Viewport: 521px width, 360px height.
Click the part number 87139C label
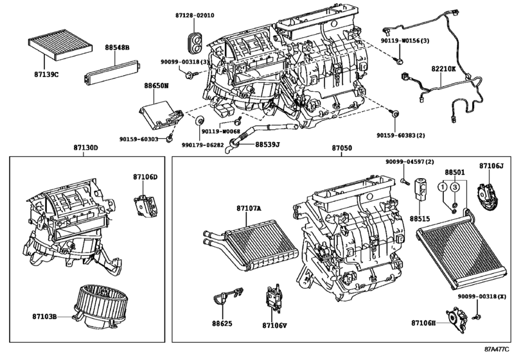[46, 75]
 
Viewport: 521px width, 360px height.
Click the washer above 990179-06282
[200, 120]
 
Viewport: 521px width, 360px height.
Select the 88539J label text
[267, 144]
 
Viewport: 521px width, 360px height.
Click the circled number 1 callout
[443, 187]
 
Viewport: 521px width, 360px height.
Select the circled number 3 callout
[455, 187]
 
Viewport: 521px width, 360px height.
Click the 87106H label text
[423, 323]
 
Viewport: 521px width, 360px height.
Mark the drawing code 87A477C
[497, 349]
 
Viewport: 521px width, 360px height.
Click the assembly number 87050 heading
[342, 148]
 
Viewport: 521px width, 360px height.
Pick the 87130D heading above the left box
[85, 148]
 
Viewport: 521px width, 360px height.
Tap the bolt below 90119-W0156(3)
[400, 60]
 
